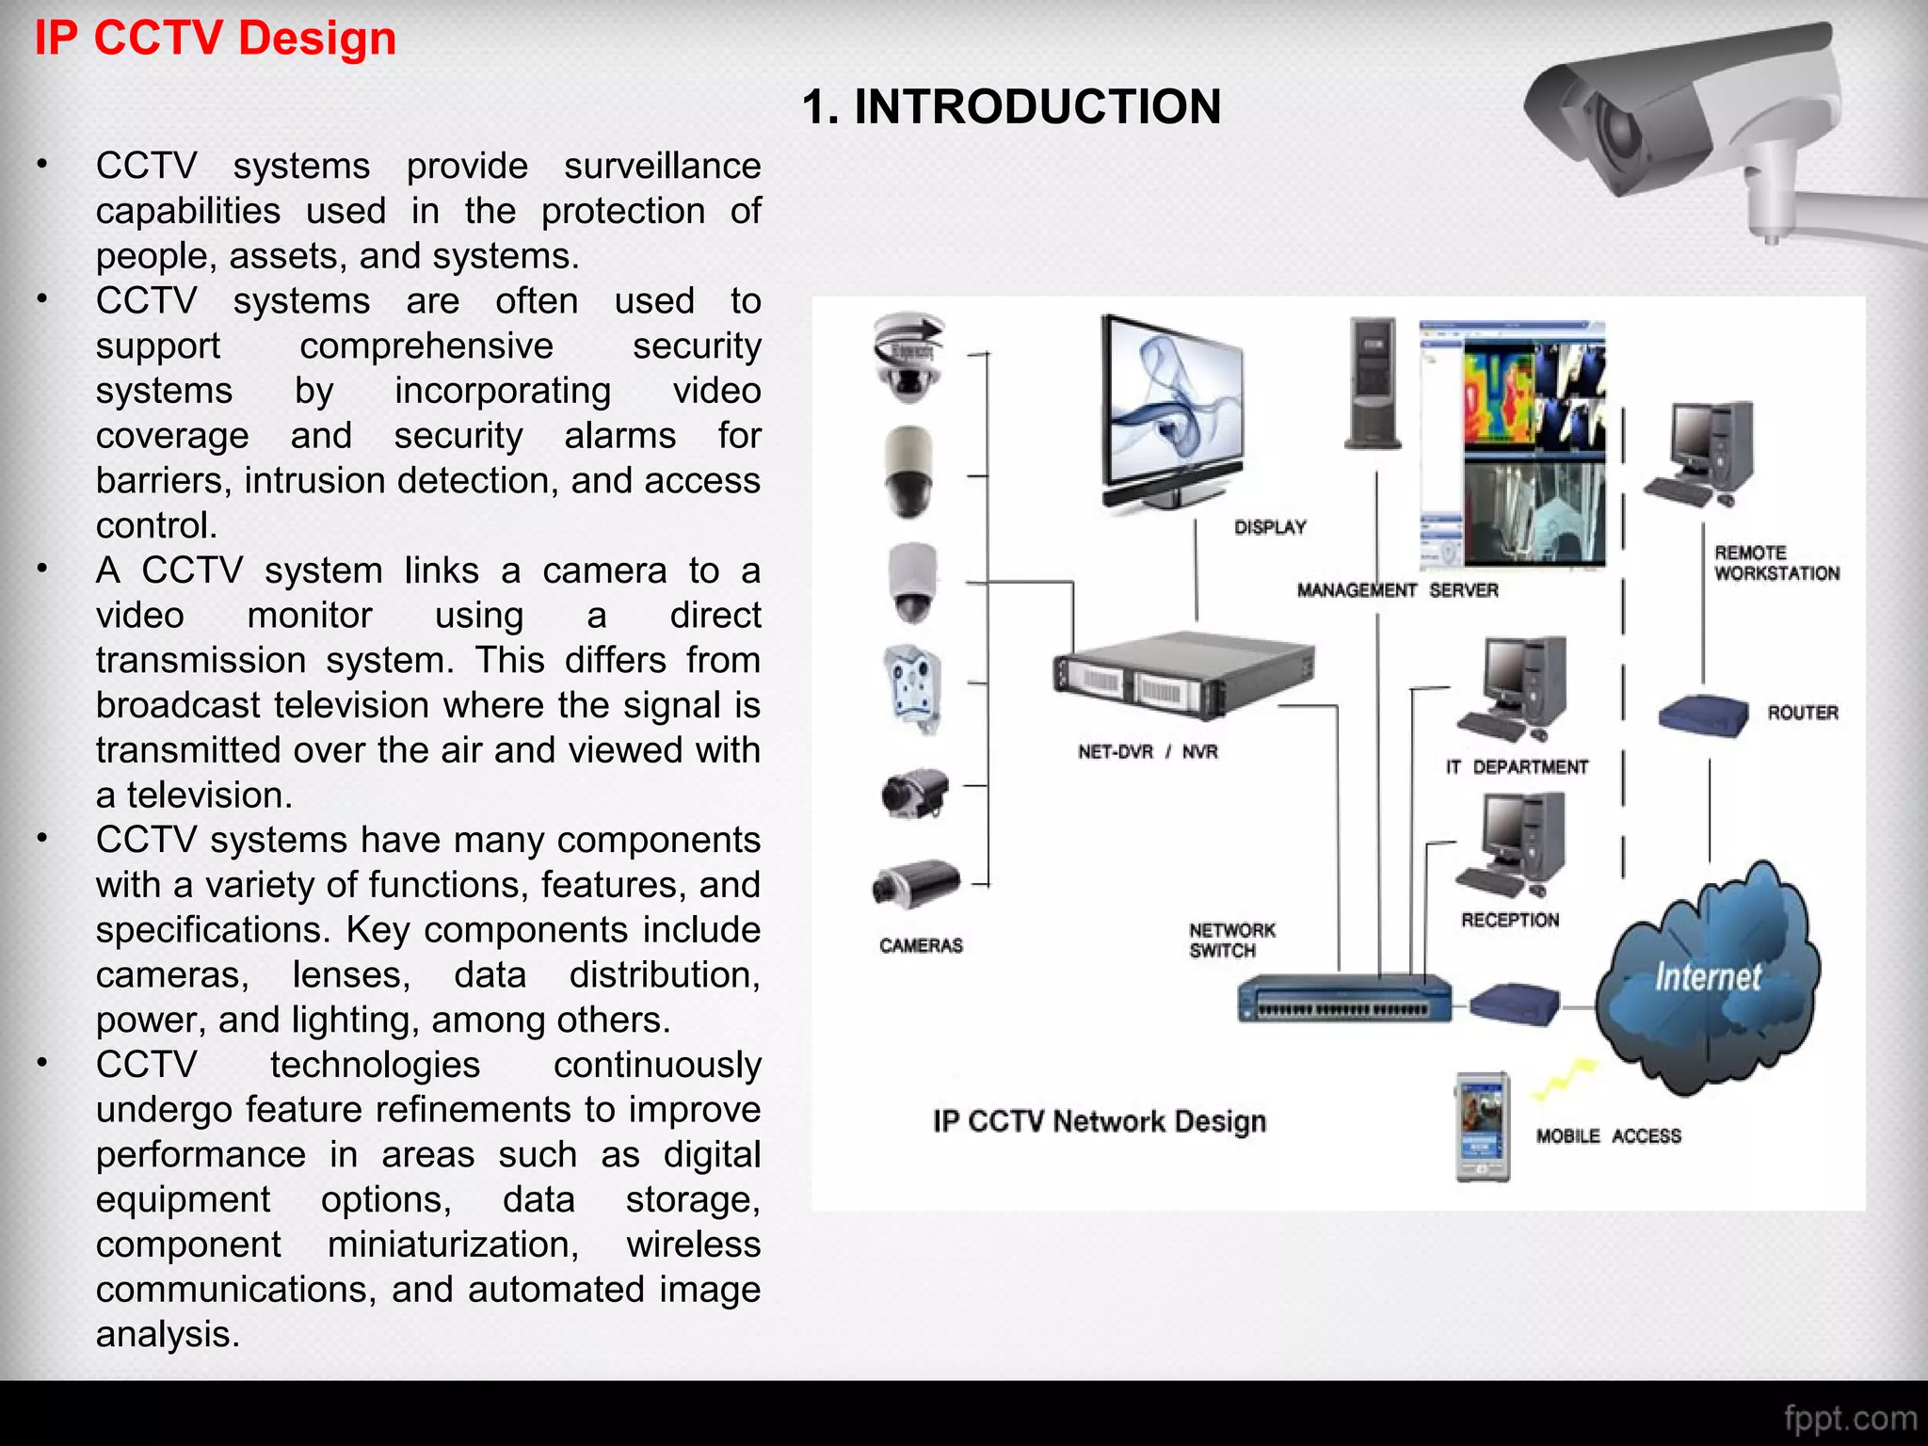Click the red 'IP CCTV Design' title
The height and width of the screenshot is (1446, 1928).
coord(216,40)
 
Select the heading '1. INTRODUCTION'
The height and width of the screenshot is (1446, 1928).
coord(1011,106)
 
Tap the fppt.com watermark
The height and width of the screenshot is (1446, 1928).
coord(1849,1418)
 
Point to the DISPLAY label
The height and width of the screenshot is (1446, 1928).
coord(1270,527)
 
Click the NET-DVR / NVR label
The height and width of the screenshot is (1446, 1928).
coord(1148,751)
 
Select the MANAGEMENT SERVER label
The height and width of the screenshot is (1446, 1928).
coord(1397,590)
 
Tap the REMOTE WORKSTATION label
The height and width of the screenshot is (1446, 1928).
coord(1776,563)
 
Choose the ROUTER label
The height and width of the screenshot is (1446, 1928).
coord(1803,713)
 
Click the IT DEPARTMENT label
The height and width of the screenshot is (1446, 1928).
coord(1517,767)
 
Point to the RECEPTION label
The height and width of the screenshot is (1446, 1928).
coord(1510,920)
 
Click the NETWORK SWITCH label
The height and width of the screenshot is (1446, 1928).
coord(1231,940)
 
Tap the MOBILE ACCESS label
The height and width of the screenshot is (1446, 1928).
coord(1608,1136)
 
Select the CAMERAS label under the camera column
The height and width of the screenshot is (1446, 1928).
coord(921,945)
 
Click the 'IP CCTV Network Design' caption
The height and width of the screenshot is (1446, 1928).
coord(1099,1121)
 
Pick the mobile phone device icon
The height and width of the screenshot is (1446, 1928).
coord(1482,1126)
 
